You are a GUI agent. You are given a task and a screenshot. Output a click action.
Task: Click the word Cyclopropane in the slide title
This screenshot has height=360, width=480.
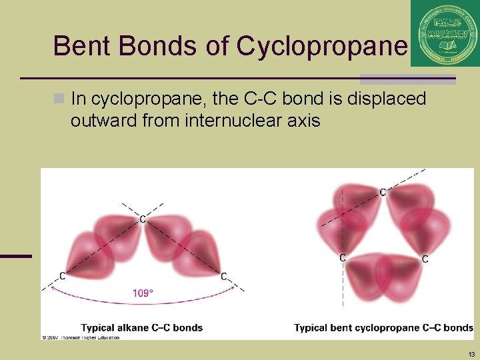321,46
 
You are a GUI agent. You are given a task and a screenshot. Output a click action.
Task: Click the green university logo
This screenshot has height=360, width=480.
445,33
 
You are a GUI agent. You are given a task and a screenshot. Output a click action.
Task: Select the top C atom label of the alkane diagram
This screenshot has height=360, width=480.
143,219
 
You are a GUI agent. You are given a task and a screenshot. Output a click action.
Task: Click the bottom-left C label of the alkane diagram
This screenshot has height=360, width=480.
62,275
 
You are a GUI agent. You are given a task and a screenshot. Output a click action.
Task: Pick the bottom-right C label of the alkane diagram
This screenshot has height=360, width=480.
224,275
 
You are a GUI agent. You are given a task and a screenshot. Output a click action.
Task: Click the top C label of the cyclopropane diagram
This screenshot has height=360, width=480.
383,192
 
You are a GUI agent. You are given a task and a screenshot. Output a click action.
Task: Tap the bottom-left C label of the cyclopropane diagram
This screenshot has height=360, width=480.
343,257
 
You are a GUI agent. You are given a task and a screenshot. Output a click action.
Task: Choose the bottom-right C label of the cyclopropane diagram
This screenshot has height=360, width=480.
425,259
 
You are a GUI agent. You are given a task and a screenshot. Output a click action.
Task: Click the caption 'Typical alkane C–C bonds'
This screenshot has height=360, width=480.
142,327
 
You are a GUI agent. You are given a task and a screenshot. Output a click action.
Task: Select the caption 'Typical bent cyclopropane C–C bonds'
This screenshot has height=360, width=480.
383,327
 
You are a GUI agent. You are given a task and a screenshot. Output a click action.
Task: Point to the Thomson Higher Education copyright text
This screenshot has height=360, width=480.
81,337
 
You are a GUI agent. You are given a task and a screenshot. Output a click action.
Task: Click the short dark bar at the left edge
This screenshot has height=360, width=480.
16,255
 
